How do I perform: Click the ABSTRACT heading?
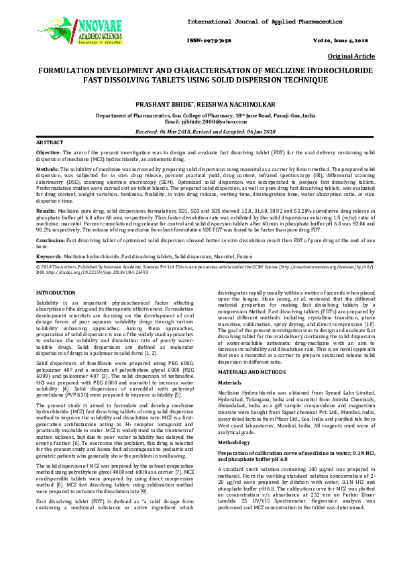pos(50,143)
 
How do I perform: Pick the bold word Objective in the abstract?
pos(48,153)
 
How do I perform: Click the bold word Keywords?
pos(49,256)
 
